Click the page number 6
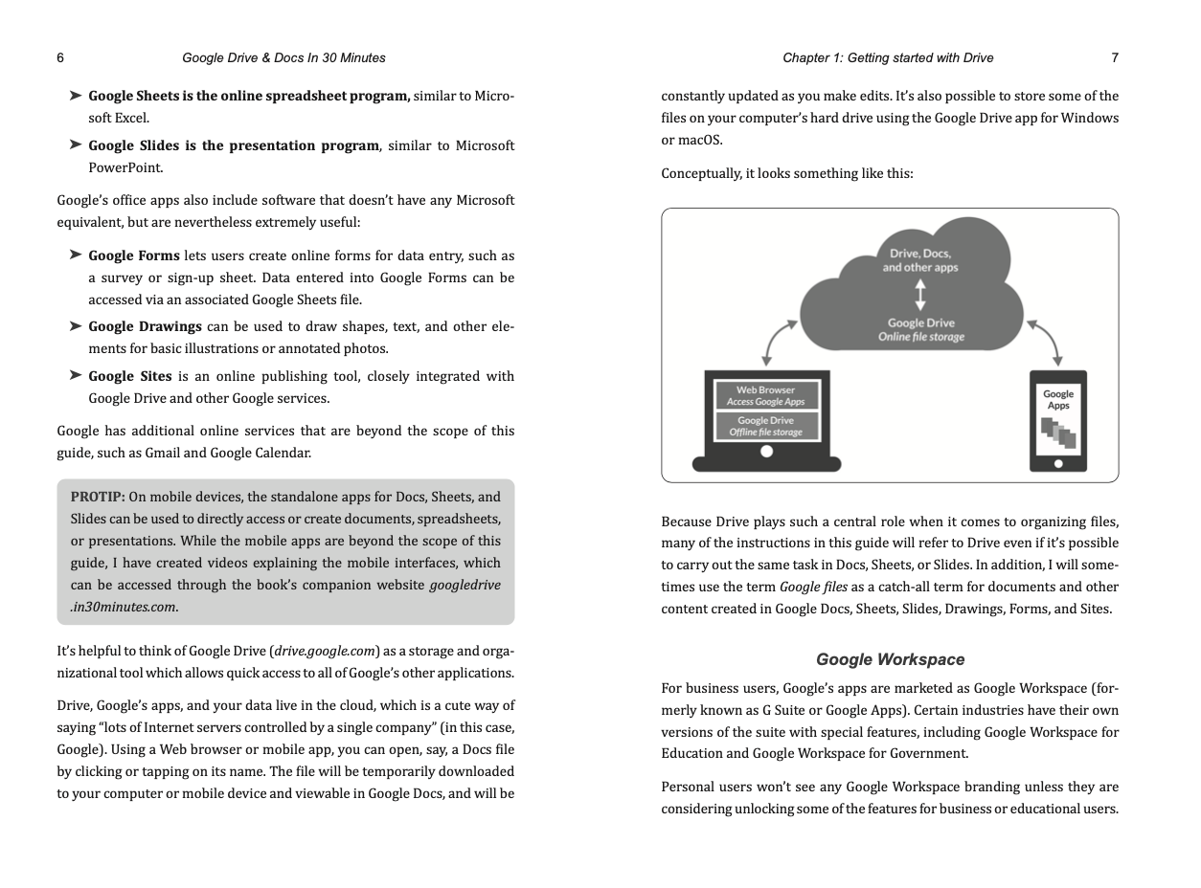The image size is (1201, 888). pos(60,57)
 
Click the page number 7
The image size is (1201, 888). pos(1115,57)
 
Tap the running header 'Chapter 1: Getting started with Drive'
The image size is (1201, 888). pos(888,57)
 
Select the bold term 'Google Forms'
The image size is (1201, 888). pos(134,255)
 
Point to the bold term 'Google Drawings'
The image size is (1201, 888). pos(145,326)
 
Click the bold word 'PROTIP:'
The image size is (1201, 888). pos(98,497)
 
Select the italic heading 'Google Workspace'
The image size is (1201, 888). pos(890,659)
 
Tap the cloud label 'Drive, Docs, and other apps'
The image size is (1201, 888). pos(919,260)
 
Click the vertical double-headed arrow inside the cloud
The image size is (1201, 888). pos(920,295)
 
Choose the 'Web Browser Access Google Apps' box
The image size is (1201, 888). pos(766,395)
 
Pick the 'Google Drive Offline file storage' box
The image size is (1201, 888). pos(766,426)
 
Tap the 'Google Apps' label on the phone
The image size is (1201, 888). pos(1058,399)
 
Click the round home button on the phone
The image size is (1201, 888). pos(1058,463)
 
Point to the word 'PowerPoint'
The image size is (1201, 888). pos(125,167)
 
